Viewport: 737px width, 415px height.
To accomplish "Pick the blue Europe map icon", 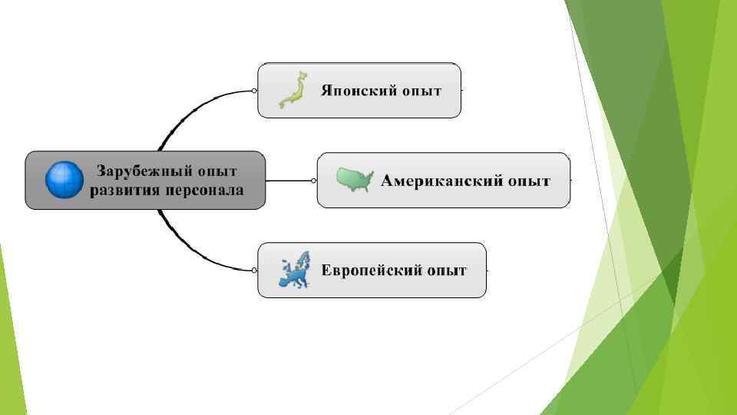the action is pos(295,270).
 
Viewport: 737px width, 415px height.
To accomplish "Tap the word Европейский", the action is pos(368,271).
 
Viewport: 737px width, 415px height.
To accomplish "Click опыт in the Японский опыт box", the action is pos(421,91).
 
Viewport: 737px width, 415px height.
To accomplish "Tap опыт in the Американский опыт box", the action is pos(530,181).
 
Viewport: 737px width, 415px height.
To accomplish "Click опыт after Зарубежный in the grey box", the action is pos(216,171).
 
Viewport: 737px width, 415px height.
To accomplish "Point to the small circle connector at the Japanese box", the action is pos(254,91).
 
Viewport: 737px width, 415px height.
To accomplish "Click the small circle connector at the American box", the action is pos(314,181).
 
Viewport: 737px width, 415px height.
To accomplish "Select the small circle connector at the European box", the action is pos(254,270).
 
